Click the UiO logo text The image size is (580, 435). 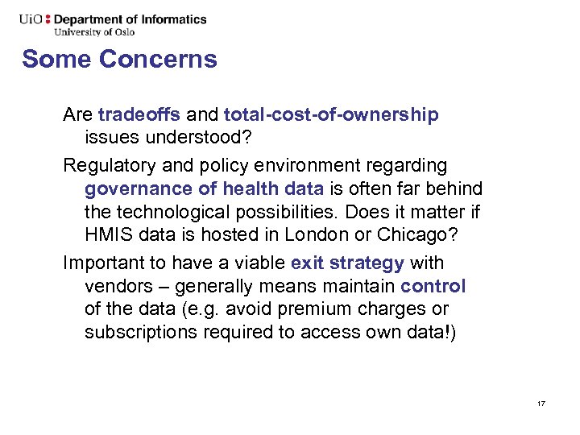[x=32, y=19]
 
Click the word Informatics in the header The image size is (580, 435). [x=172, y=19]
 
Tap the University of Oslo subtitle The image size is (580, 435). [x=94, y=32]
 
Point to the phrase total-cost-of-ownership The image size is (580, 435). [x=331, y=115]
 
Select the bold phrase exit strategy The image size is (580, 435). [x=347, y=263]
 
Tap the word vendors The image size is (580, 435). [x=116, y=286]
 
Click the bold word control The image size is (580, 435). [x=433, y=286]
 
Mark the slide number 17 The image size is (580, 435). [x=541, y=402]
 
